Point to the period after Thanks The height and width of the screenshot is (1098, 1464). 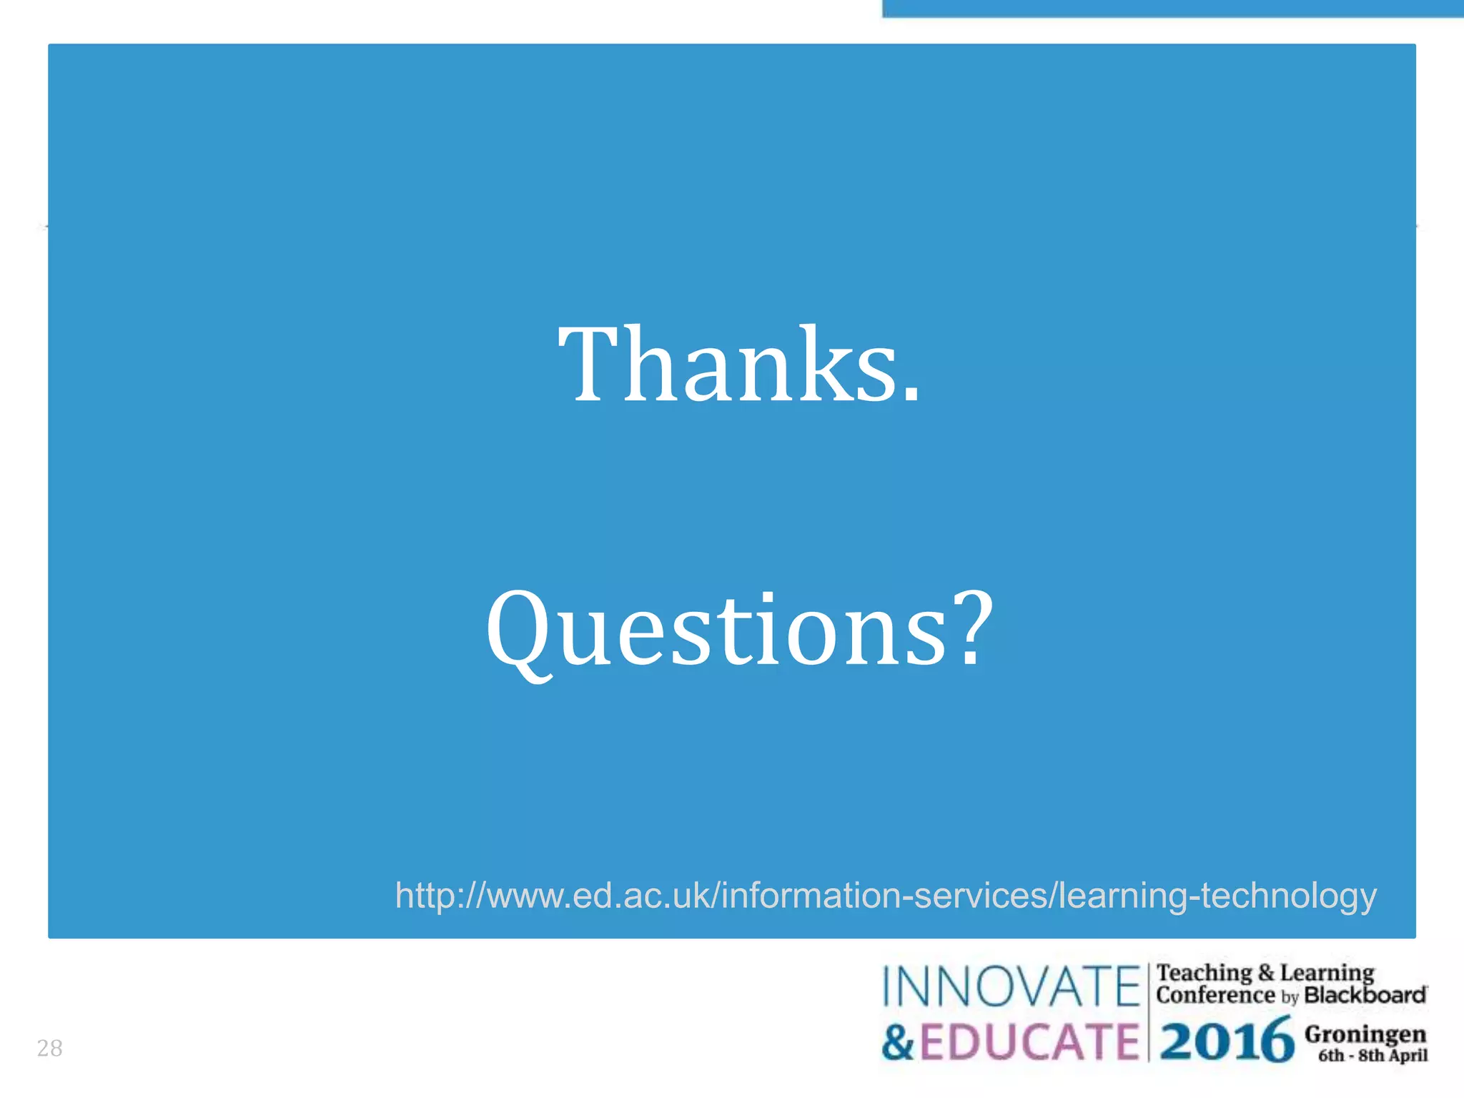click(x=911, y=392)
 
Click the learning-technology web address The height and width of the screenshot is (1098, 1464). click(x=886, y=895)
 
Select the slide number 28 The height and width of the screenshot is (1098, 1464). click(x=49, y=1048)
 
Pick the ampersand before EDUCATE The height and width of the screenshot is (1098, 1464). click(x=898, y=1042)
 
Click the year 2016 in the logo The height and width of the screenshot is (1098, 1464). click(x=1227, y=1040)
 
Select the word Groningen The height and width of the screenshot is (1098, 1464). click(x=1365, y=1034)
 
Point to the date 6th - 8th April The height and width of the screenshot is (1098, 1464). click(x=1372, y=1055)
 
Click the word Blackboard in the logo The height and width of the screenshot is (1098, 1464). click(x=1365, y=994)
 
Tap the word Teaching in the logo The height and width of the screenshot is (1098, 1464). click(x=1204, y=972)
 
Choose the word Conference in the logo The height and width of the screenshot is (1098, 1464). click(x=1215, y=994)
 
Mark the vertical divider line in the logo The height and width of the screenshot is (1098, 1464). click(x=1148, y=1012)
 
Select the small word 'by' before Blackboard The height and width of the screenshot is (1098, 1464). click(x=1290, y=996)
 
